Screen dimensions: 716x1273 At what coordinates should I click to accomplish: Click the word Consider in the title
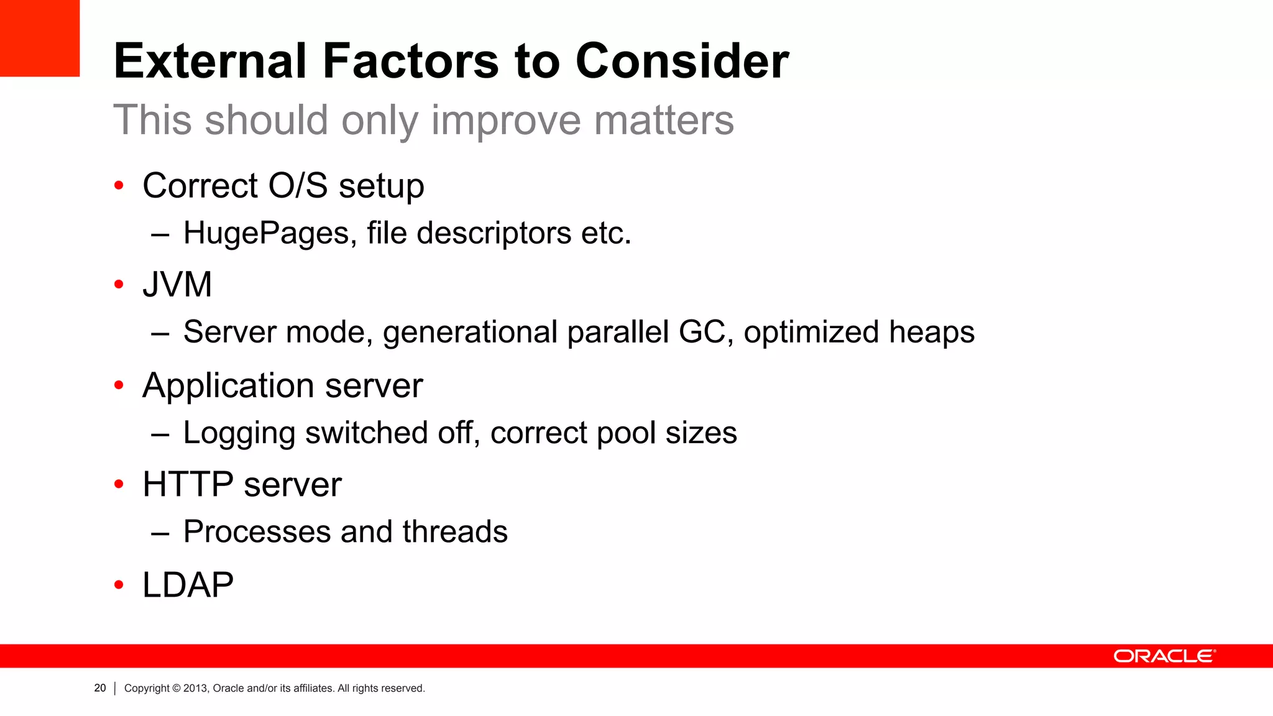682,62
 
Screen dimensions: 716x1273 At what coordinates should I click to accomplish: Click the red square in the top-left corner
39,38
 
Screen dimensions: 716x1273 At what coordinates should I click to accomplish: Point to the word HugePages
270,234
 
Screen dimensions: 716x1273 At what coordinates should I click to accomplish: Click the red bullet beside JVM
119,285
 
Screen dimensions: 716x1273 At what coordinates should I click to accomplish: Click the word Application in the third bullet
227,387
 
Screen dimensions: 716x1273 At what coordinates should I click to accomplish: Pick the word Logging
239,433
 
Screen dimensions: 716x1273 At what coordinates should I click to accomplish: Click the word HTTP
188,485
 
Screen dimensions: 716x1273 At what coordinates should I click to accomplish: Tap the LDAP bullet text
188,585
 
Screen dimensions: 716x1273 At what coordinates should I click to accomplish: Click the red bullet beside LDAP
119,585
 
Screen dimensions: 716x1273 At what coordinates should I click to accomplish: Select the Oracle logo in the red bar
1164,656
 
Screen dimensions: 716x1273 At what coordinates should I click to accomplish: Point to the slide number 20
100,688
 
